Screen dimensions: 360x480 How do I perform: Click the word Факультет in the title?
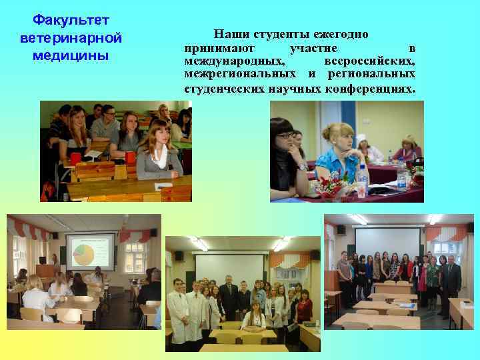[65, 20]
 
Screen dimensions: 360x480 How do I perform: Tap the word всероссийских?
[373, 61]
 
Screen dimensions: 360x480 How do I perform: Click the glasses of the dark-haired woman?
[285, 138]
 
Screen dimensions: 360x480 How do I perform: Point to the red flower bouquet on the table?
[333, 184]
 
